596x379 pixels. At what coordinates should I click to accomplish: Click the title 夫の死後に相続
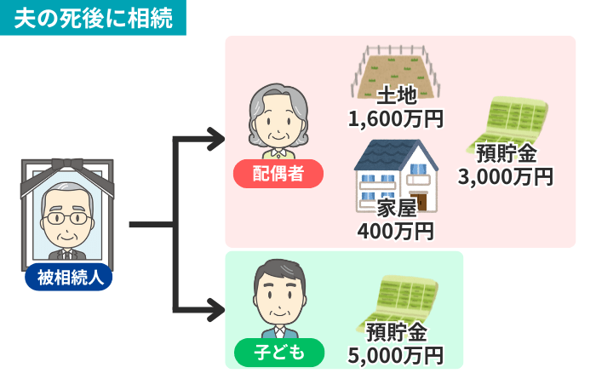pyautogui.click(x=93, y=17)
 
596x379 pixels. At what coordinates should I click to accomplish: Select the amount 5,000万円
pyautogui.click(x=396, y=353)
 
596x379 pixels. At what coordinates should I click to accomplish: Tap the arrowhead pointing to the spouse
pyautogui.click(x=214, y=137)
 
